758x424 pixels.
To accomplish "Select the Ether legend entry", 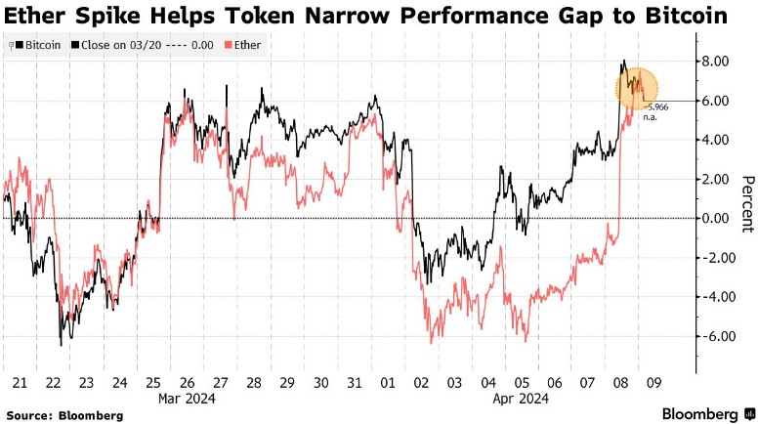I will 245,45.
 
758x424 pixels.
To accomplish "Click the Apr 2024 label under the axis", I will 519,399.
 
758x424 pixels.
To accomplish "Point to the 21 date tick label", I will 18,383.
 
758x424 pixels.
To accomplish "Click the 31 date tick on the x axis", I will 356,383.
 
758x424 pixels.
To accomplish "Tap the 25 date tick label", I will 152,383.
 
